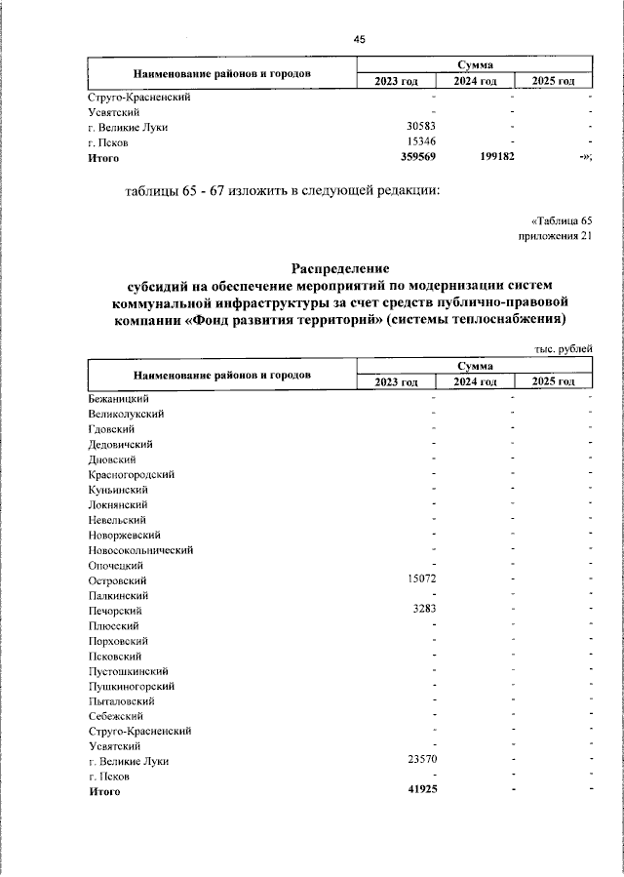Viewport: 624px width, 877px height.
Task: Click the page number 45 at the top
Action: pyautogui.click(x=360, y=39)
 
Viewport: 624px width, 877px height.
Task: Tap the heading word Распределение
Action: pyautogui.click(x=340, y=267)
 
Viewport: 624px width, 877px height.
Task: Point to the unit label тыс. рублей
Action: pyautogui.click(x=563, y=348)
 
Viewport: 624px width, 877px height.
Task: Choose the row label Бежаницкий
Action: pyautogui.click(x=118, y=399)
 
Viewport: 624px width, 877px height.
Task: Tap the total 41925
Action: pyautogui.click(x=419, y=791)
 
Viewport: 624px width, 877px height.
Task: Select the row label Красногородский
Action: pyautogui.click(x=131, y=475)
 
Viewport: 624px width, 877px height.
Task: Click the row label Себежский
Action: pyautogui.click(x=115, y=716)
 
